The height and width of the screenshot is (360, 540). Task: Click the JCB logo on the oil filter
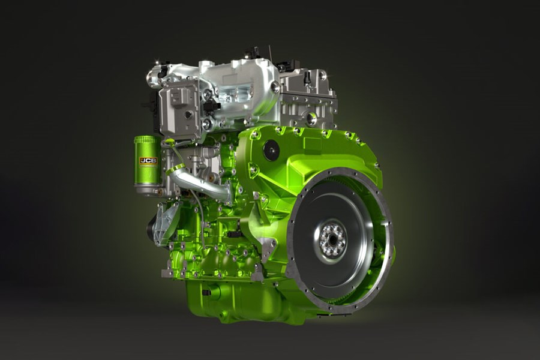click(148, 161)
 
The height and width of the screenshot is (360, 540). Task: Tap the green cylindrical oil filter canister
click(148, 171)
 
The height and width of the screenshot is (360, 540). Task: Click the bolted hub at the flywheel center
click(332, 239)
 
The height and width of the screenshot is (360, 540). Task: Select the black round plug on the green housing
click(271, 150)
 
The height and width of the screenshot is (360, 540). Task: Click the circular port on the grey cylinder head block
click(311, 118)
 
